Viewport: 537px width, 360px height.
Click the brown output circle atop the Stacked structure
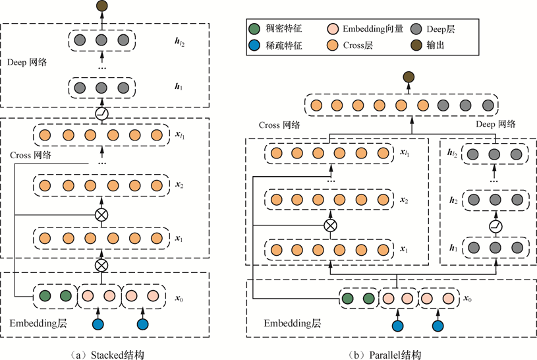tap(101, 7)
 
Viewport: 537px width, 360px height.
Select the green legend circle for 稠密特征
tap(256, 29)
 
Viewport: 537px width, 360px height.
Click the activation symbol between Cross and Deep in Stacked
tap(101, 113)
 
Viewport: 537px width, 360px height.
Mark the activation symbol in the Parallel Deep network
tap(494, 226)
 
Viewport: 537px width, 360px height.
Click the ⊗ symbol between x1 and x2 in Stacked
tap(101, 215)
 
